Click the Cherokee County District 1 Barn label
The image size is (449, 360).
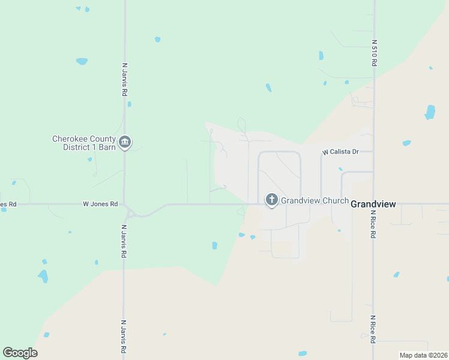coord(84,143)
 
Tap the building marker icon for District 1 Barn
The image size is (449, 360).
coord(125,142)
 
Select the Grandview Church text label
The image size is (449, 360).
coord(315,200)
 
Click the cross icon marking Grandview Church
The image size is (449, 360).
coord(271,199)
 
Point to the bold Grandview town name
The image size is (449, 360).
coord(373,204)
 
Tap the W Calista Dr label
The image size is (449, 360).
coord(340,152)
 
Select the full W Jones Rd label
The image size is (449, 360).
coord(100,204)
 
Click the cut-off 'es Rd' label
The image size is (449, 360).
coord(8,204)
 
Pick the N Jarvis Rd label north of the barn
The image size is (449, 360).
coord(125,80)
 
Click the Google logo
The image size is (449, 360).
coord(20,353)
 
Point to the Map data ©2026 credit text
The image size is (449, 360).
coord(423,355)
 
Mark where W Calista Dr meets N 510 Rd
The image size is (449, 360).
coord(373,152)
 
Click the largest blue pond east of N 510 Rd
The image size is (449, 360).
coord(430,112)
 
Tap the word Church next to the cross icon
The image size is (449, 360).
coord(335,200)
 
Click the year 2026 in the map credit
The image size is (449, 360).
coord(438,355)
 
